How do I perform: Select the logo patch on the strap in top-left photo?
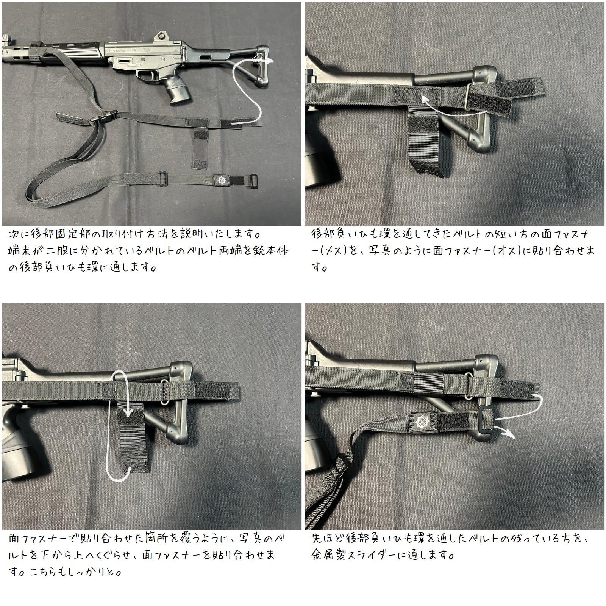coord(221,180)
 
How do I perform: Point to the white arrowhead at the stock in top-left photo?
coord(270,61)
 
